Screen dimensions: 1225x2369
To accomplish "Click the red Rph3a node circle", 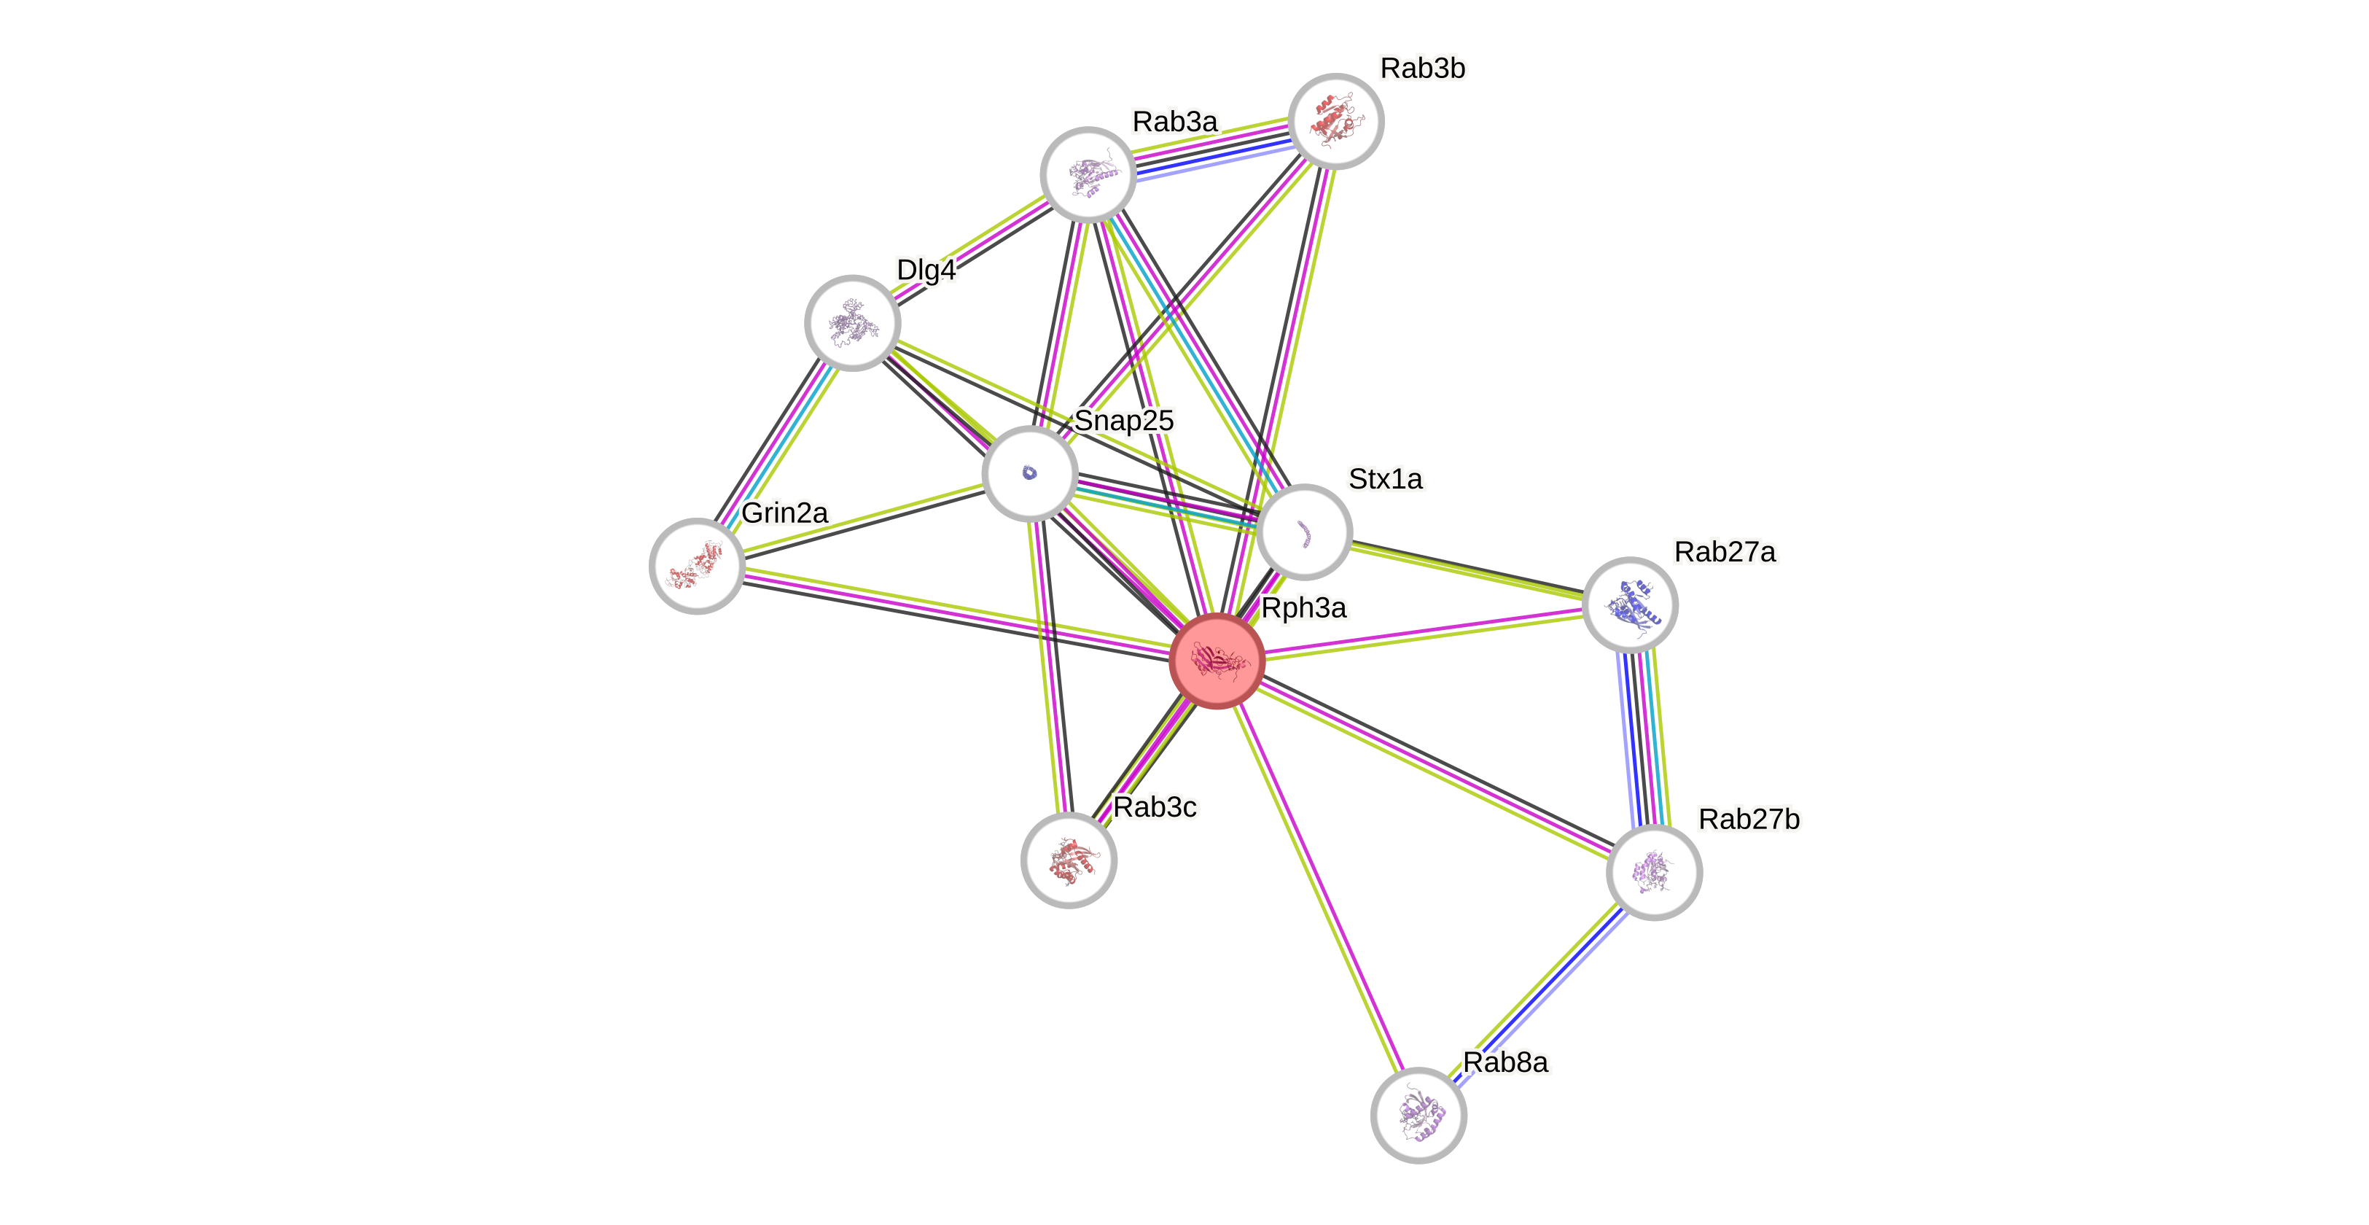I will [1217, 661].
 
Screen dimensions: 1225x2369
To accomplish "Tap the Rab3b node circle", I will [1335, 121].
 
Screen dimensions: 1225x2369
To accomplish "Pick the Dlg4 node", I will [853, 323].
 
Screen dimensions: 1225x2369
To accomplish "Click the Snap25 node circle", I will [1030, 474].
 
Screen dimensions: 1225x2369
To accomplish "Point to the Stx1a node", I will [1304, 532].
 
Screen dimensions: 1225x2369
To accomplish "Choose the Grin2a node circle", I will [697, 566].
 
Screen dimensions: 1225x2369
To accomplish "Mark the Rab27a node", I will [1631, 605].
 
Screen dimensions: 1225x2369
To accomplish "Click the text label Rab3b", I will [1423, 68].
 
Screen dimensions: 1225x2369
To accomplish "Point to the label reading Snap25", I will [1124, 420].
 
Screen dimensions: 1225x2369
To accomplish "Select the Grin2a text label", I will [784, 513].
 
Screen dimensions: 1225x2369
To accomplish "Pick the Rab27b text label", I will [1748, 819].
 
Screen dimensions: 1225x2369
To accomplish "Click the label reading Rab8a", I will [1505, 1062].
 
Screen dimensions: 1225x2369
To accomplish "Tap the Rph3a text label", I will [1303, 608].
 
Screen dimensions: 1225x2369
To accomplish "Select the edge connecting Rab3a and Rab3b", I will [1211, 148].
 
